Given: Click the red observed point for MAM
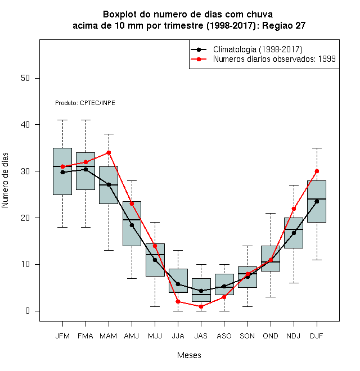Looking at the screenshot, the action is tap(109, 152).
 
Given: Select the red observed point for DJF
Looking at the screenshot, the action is tap(317, 171).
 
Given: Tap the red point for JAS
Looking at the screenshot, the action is tap(201, 307).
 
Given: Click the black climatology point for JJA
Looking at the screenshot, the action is tap(178, 284).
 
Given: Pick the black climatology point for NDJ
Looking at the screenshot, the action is tap(294, 233).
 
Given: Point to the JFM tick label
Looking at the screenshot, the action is tap(62, 336).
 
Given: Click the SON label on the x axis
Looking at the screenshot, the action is tap(247, 336).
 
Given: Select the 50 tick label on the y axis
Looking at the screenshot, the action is tap(25, 78).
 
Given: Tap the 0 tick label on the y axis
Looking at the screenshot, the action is tap(28, 311).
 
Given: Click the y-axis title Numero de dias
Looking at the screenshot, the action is tap(5, 180).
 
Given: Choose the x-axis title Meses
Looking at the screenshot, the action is tap(189, 355).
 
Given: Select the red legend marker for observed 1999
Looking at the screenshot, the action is tap(199, 59).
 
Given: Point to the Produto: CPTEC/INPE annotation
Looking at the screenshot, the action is tap(85, 103).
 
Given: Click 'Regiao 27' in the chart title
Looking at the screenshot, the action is tap(283, 25).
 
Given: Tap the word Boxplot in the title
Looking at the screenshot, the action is tap(120, 15).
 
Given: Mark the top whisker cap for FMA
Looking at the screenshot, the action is tap(85, 120).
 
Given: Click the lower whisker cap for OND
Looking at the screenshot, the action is tap(271, 297).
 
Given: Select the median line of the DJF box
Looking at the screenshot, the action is tap(317, 199).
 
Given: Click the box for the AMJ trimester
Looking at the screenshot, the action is tap(132, 224).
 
